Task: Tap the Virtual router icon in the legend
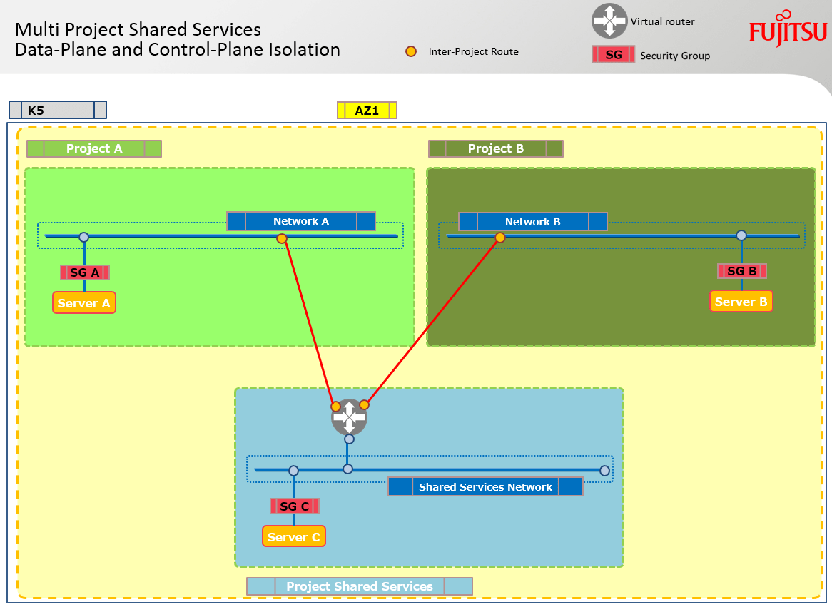609,21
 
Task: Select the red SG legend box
613,55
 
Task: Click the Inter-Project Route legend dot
410,51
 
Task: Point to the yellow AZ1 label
367,111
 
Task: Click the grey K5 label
58,110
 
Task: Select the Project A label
94,148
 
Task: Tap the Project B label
496,148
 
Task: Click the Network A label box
301,221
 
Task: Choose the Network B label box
532,222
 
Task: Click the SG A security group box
85,272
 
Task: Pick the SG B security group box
742,271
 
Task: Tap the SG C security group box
294,506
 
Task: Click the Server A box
84,303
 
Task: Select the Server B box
741,302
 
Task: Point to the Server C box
294,537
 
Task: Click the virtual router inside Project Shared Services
349,417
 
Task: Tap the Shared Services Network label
485,487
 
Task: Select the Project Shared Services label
360,586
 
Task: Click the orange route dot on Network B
500,238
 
